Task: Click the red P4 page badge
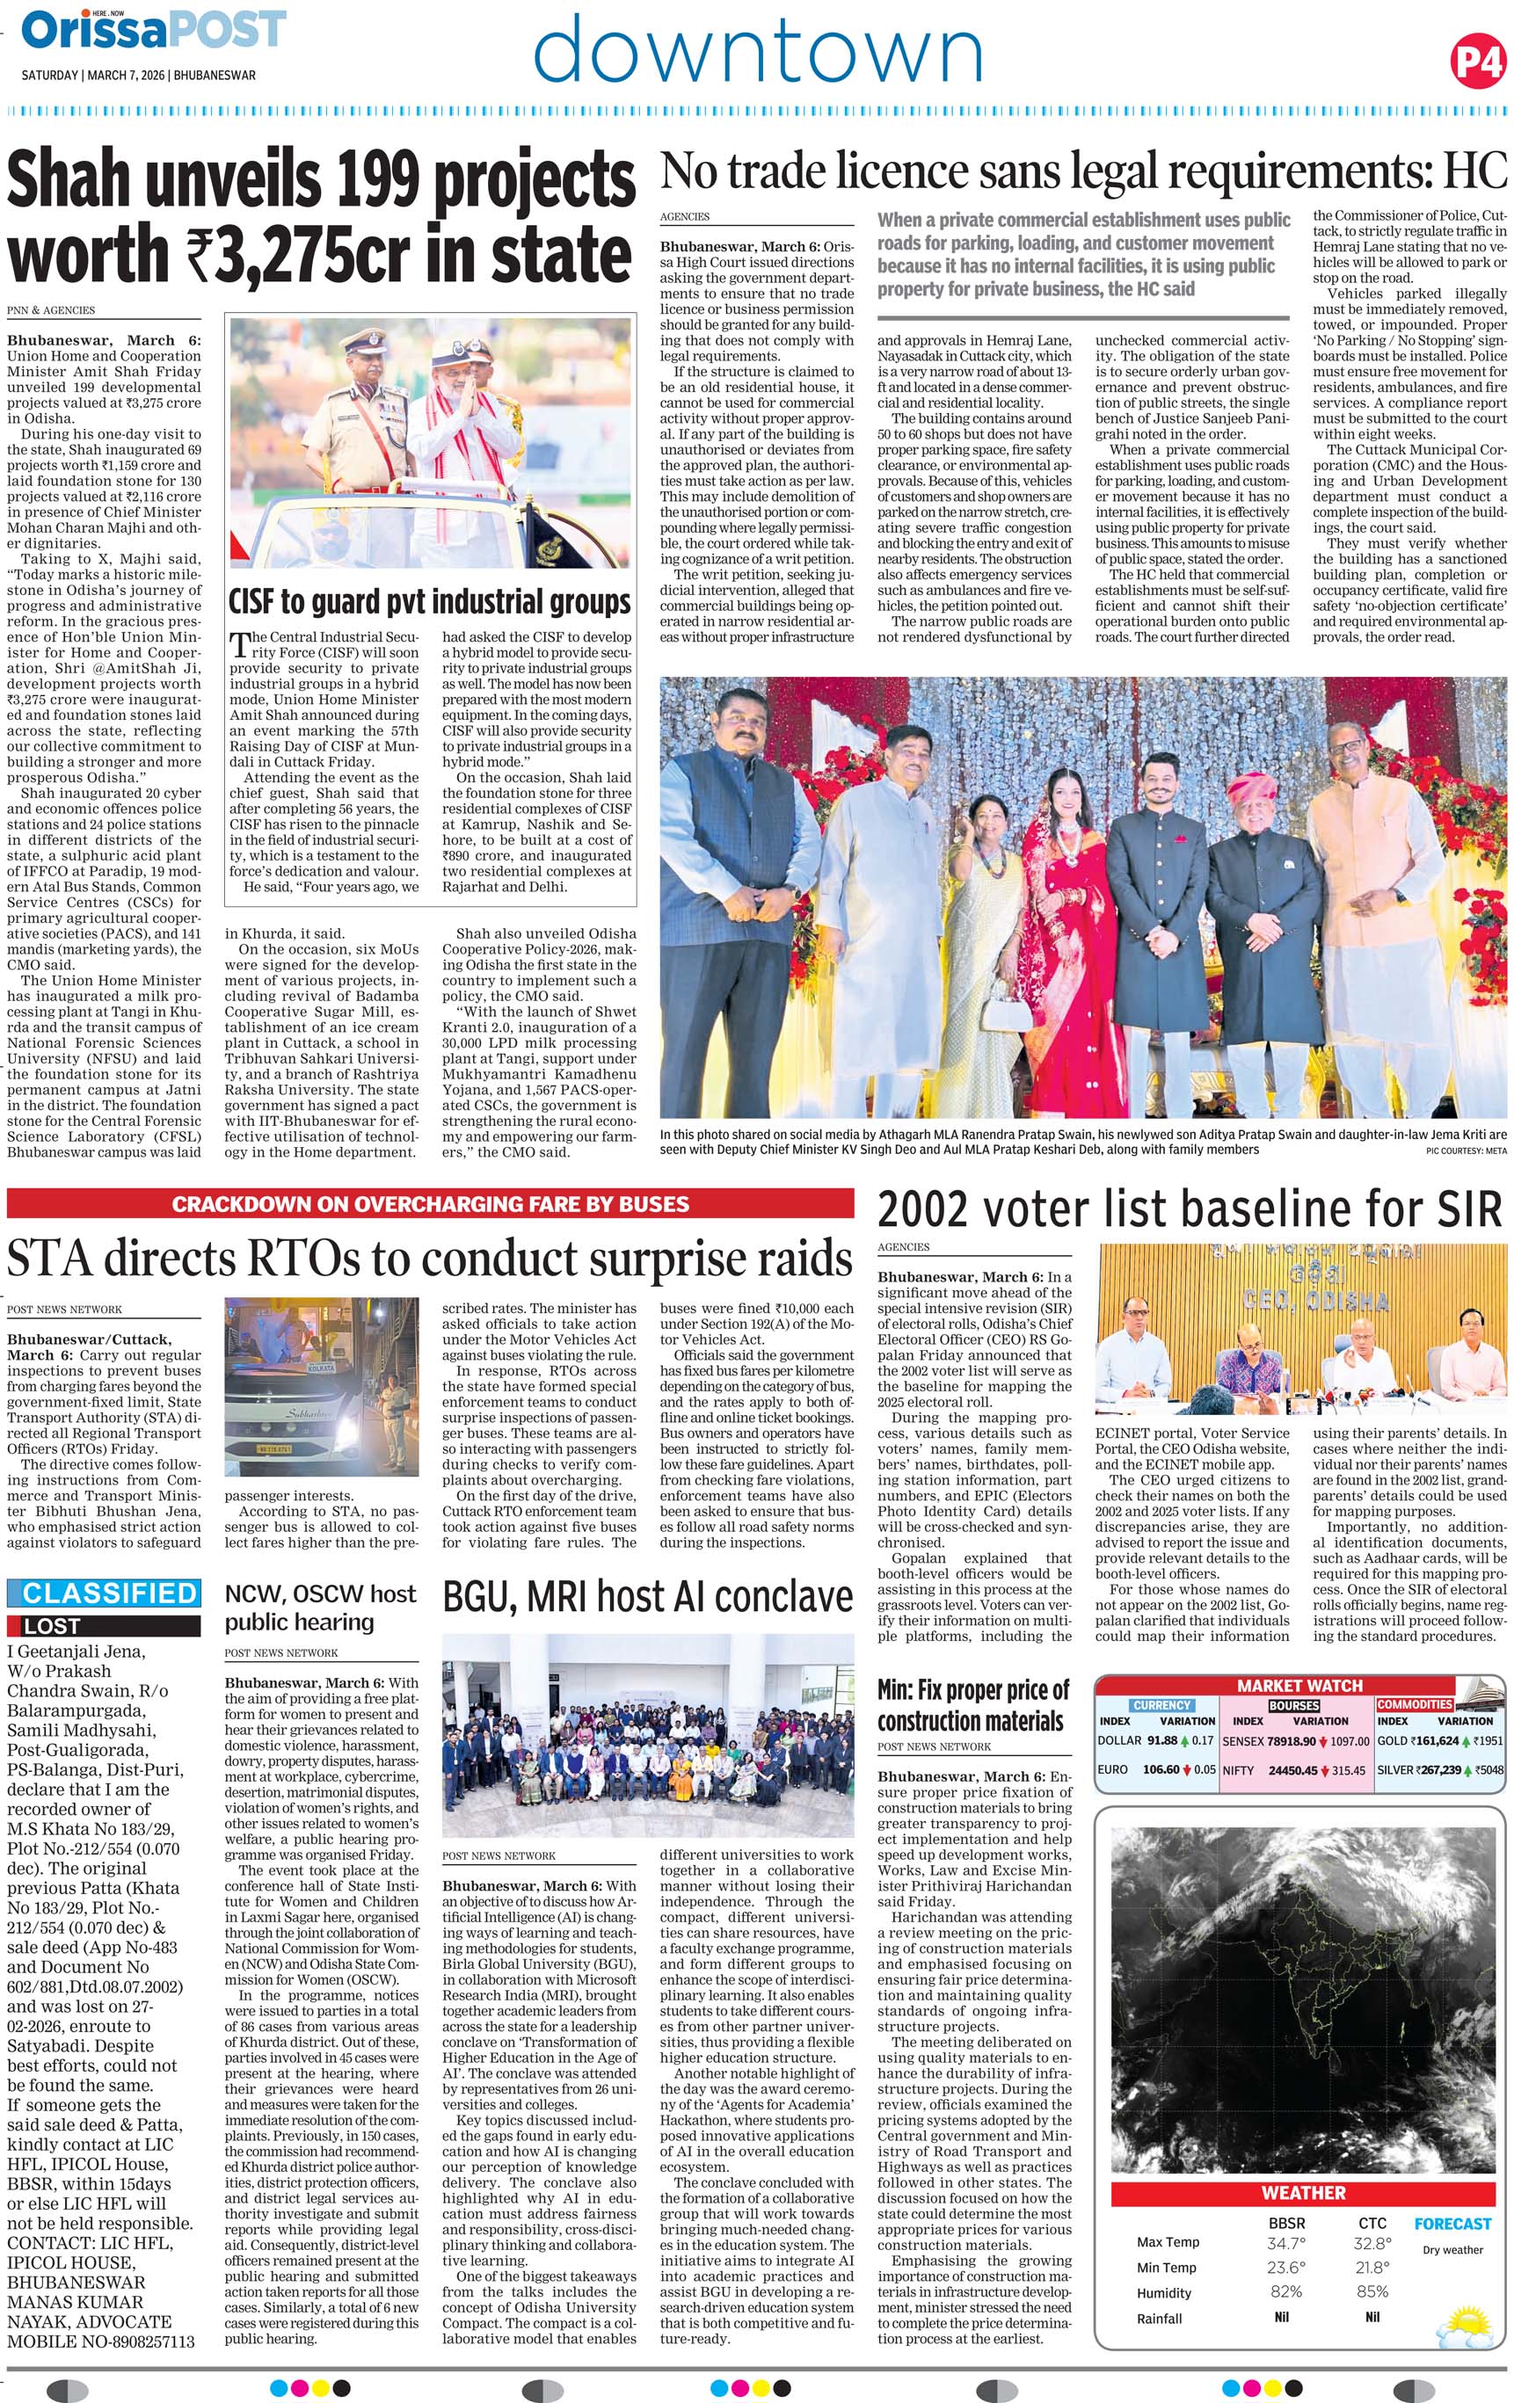[x=1476, y=62]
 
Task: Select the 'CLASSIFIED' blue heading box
[x=103, y=1593]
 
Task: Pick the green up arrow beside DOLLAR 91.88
[x=1184, y=1740]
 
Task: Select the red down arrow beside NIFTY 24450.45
[x=1325, y=1770]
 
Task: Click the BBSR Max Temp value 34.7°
[x=1285, y=2241]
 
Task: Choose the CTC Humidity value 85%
[x=1372, y=2292]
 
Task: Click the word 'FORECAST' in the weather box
[x=1452, y=2224]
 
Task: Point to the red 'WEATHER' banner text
[x=1302, y=2192]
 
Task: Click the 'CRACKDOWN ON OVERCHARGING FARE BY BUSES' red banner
[x=430, y=1203]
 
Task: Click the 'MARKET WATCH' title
[x=1299, y=1686]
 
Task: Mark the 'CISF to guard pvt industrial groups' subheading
[x=430, y=602]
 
